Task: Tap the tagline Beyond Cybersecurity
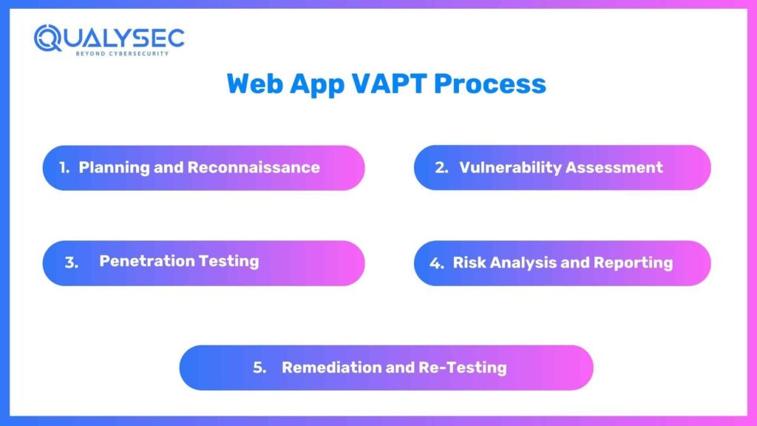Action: click(x=121, y=53)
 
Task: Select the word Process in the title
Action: click(x=489, y=83)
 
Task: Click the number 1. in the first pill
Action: click(x=65, y=167)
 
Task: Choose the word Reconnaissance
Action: click(x=254, y=167)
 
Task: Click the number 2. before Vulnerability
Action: click(x=442, y=167)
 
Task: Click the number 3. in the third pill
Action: click(x=71, y=263)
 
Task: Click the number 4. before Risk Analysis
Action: click(x=437, y=263)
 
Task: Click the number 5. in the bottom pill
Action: click(x=259, y=368)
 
